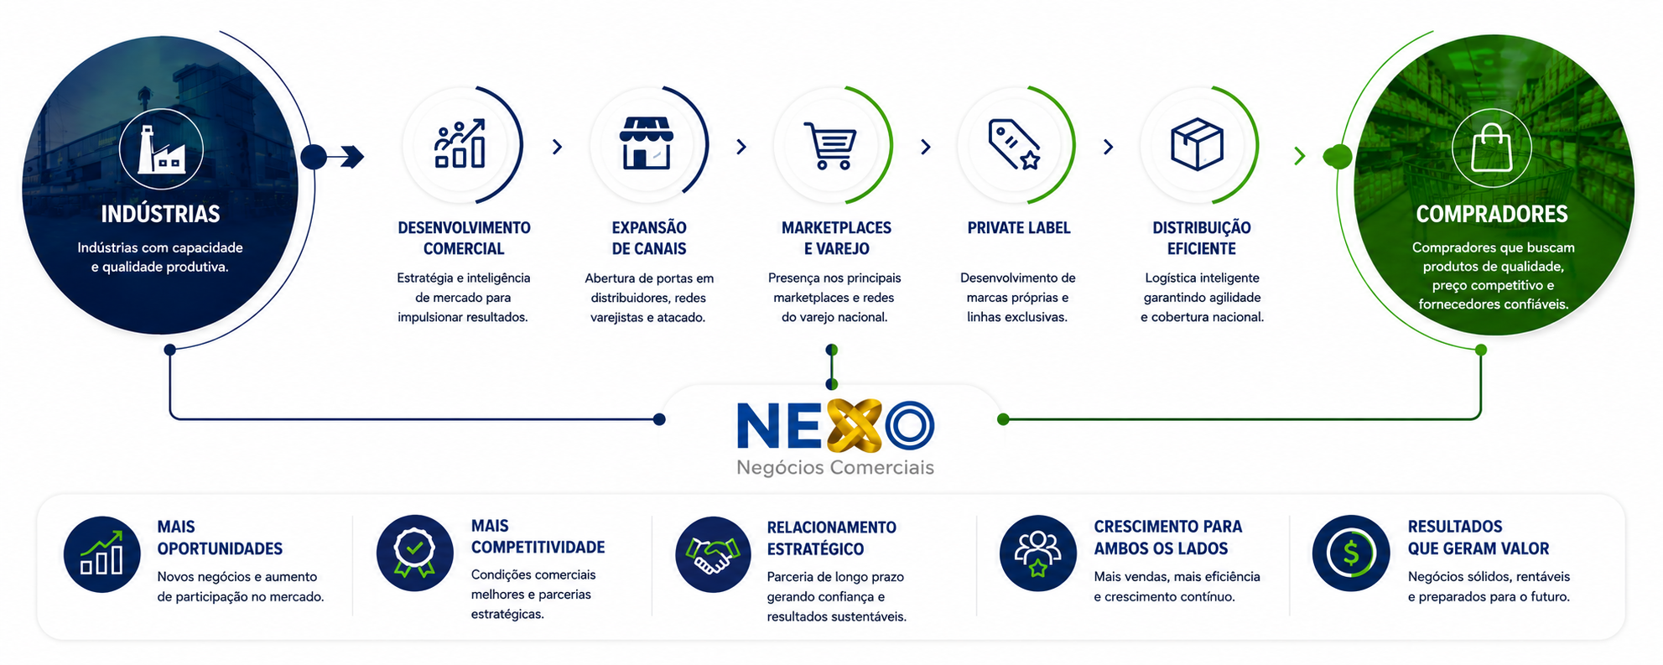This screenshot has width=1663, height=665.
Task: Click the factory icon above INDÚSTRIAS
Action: tap(160, 149)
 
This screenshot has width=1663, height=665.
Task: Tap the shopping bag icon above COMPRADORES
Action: tap(1492, 147)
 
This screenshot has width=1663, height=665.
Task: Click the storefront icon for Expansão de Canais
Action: tap(646, 143)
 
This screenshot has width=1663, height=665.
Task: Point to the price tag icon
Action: tap(1015, 144)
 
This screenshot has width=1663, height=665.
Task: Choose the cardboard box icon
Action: tap(1197, 143)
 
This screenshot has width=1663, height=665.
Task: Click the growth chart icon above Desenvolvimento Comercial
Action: tap(460, 143)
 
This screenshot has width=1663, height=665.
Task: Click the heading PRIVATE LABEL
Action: tap(1019, 228)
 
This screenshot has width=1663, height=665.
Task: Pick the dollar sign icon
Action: tap(1351, 553)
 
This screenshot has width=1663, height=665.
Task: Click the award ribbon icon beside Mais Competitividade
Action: tap(414, 553)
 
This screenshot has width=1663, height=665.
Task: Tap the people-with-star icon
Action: tap(1037, 554)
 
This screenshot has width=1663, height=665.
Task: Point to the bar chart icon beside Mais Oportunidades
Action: tap(101, 553)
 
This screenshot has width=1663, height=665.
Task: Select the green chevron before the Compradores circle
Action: tap(1300, 156)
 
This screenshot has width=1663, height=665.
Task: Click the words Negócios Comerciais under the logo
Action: tap(835, 468)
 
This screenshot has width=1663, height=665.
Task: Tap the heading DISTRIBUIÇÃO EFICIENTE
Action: tap(1202, 238)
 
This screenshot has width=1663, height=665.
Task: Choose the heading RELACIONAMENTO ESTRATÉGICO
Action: tap(832, 538)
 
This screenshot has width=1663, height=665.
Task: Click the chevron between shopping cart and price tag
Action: tap(926, 148)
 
